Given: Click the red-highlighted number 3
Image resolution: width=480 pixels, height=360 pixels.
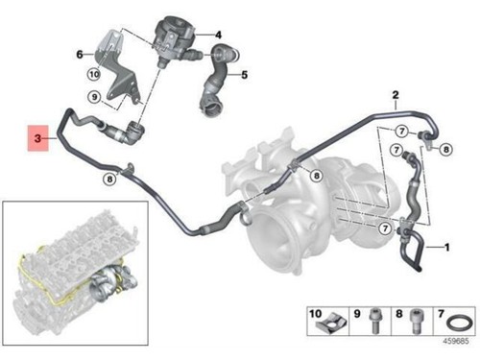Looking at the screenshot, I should (36, 140).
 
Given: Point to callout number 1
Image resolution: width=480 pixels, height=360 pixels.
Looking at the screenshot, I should (445, 248).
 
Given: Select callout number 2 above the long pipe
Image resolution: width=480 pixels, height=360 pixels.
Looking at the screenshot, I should (395, 95).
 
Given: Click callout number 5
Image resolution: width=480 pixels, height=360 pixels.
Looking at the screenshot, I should (244, 74).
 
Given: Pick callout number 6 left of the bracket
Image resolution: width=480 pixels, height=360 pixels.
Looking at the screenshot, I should (80, 55).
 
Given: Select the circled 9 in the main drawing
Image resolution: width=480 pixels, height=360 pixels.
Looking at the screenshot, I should (93, 97).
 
